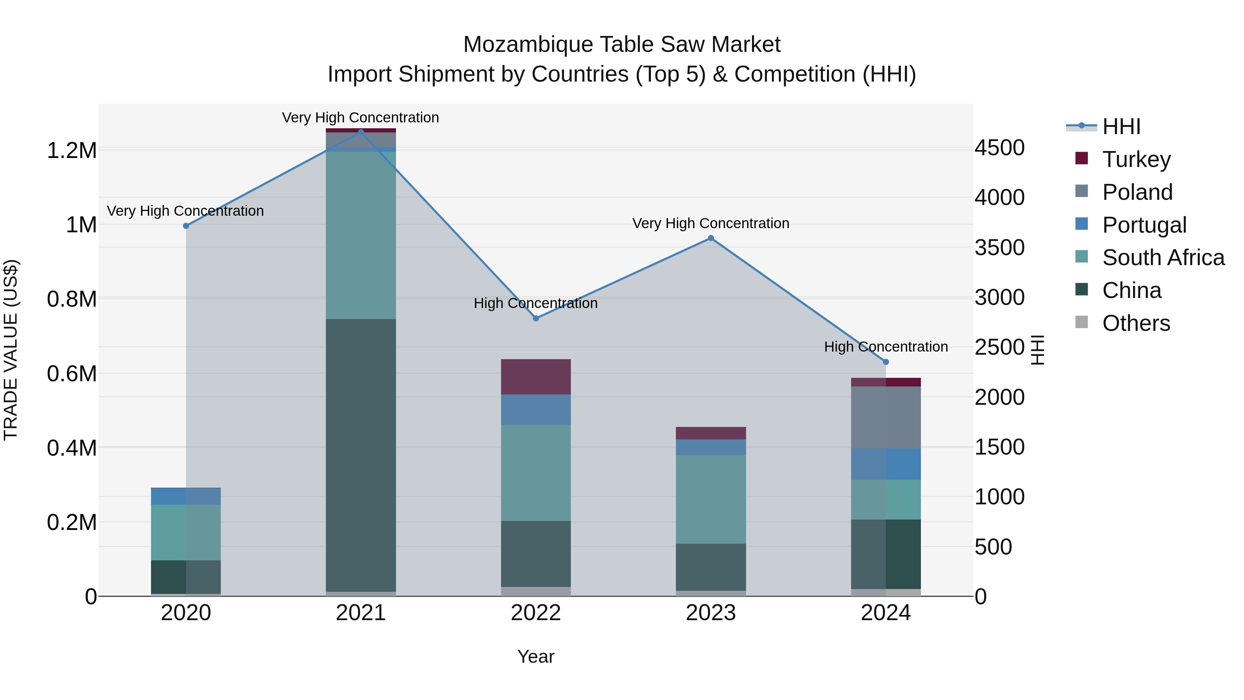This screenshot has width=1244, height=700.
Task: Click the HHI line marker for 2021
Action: [x=361, y=132]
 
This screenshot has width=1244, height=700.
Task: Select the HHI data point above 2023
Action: [x=711, y=238]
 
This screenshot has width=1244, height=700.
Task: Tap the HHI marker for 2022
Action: [x=536, y=318]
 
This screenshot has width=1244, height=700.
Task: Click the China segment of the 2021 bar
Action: [x=361, y=454]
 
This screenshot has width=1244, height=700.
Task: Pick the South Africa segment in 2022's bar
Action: [x=536, y=473]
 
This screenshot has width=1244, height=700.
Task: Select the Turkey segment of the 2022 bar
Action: [x=536, y=376]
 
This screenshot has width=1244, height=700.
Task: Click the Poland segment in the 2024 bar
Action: [x=886, y=417]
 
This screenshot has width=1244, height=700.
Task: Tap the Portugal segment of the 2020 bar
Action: [x=186, y=496]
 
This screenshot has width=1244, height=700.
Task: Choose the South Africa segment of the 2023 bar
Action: [x=711, y=499]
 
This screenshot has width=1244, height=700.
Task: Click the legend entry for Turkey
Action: [x=1136, y=159]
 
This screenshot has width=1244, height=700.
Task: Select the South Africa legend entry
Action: [x=1163, y=258]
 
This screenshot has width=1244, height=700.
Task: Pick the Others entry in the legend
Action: [x=1136, y=323]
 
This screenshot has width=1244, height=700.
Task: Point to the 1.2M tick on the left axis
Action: [x=72, y=151]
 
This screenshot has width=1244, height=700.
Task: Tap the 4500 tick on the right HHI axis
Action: [x=999, y=148]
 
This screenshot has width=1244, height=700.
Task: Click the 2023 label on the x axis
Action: [x=711, y=613]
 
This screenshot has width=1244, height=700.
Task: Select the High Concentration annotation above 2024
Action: [x=886, y=347]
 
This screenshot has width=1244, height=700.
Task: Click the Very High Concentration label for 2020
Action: [x=186, y=211]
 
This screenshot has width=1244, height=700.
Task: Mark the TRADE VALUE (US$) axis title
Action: [x=11, y=350]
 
